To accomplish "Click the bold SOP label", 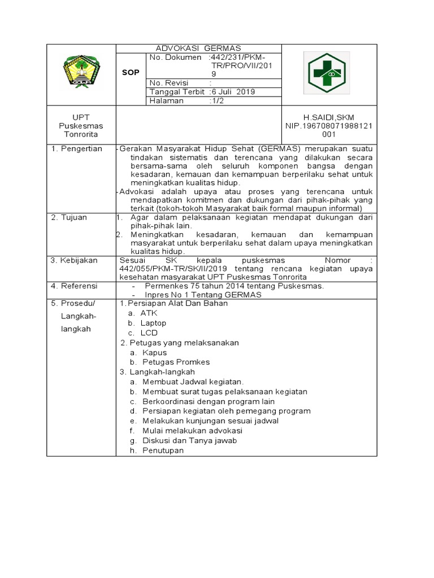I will coord(131,72).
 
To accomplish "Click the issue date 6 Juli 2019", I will coord(232,91).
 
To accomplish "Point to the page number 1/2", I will coord(216,100).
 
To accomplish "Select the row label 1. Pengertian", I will coord(77,149).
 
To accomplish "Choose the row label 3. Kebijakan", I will coord(75,260).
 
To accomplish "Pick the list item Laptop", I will coord(153,323).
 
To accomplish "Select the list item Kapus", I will coord(154,352).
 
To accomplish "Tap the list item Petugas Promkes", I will coord(176,362).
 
